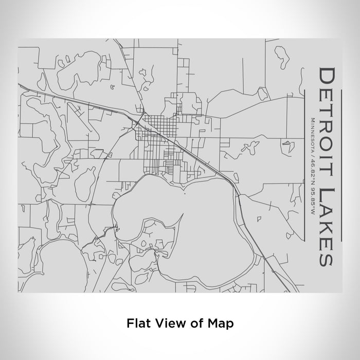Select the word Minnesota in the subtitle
point(312,133)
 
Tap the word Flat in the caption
point(136,323)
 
